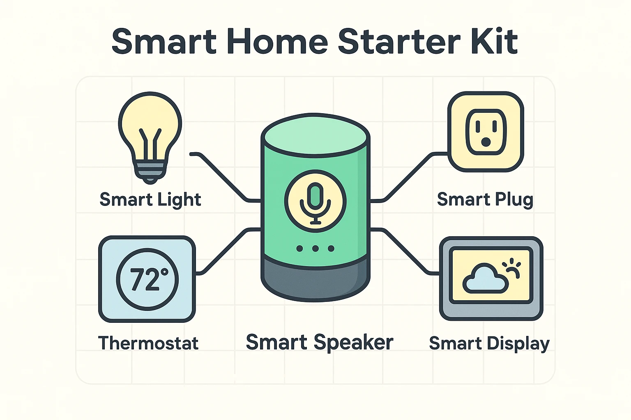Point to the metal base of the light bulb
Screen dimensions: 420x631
(x=150, y=170)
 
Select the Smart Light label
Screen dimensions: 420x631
(x=150, y=200)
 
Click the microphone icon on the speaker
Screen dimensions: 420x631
(x=315, y=201)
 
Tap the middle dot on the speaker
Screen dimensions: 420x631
(x=315, y=249)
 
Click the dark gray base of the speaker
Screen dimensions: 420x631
(x=315, y=279)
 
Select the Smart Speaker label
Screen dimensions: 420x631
(x=319, y=342)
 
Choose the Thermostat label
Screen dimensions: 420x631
(x=148, y=343)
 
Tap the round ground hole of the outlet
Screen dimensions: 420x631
(x=486, y=142)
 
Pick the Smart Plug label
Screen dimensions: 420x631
(x=485, y=200)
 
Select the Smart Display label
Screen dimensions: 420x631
(x=489, y=343)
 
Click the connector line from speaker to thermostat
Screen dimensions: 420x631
(x=226, y=250)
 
